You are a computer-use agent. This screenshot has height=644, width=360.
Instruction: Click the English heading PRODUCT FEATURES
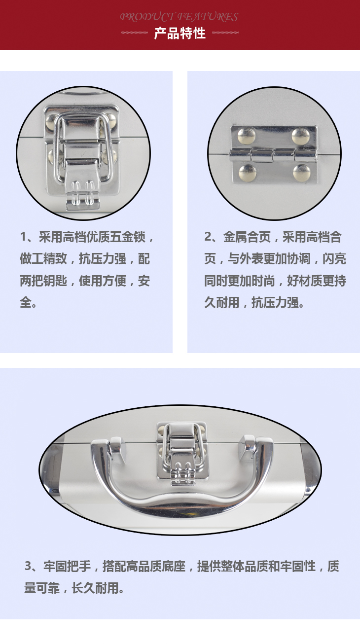179,17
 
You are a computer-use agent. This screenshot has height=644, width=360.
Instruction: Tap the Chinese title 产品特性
180,34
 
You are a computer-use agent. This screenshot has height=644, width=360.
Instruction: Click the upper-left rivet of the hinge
247,136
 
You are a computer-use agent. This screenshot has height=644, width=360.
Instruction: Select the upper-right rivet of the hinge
301,136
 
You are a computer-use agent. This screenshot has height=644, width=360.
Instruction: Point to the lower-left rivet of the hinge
247,173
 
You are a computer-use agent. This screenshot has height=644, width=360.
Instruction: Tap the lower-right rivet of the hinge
302,173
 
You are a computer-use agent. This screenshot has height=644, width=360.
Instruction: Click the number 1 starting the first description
23,237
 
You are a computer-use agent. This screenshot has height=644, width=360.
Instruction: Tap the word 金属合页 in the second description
247,237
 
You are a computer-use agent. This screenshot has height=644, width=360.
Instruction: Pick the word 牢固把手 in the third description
67,566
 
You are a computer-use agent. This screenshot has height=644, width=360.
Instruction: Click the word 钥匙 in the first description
55,281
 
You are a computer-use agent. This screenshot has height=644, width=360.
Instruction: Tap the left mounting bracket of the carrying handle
117,449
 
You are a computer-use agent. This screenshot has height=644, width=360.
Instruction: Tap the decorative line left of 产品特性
134,33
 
